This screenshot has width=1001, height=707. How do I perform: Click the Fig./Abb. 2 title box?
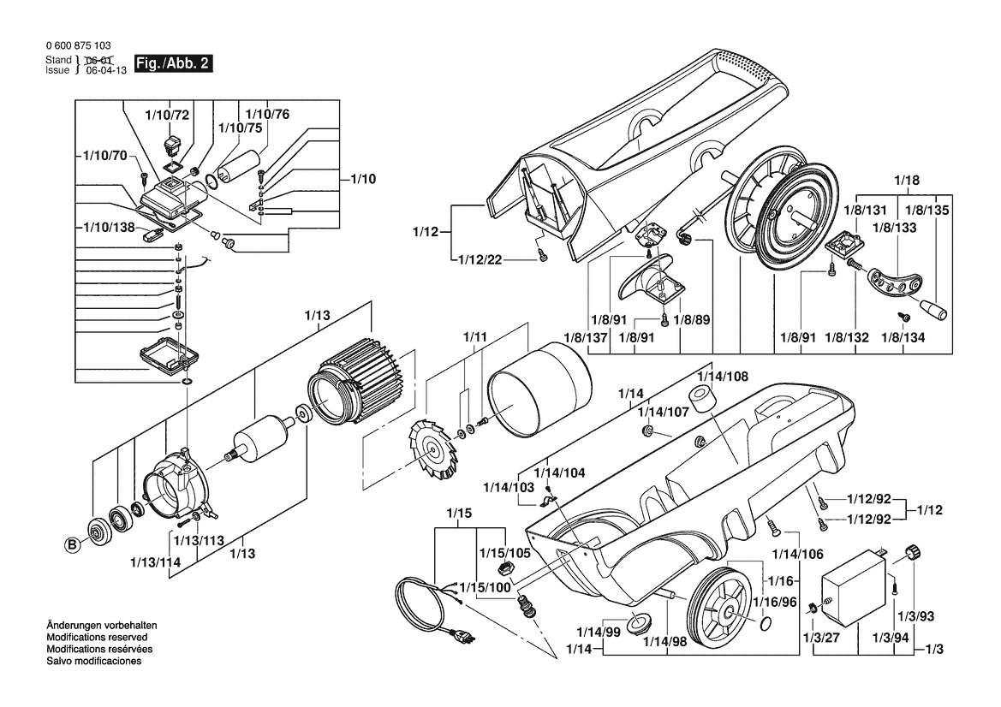[172, 64]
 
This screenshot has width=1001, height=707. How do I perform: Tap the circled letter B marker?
[73, 545]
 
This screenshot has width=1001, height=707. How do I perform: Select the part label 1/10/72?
[167, 115]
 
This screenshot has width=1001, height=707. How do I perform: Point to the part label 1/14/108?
[724, 377]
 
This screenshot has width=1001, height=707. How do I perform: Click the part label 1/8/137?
[586, 337]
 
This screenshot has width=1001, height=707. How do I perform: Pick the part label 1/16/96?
[775, 603]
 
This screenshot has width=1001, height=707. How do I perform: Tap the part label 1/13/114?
[155, 563]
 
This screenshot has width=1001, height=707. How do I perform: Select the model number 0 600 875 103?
[79, 46]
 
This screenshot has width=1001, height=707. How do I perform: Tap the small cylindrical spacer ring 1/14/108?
[703, 398]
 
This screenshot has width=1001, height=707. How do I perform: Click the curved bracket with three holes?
[895, 282]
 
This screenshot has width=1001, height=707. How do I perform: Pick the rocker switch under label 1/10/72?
[172, 144]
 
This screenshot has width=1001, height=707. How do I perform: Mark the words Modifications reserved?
[97, 638]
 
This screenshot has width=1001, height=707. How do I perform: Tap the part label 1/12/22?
[480, 259]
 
